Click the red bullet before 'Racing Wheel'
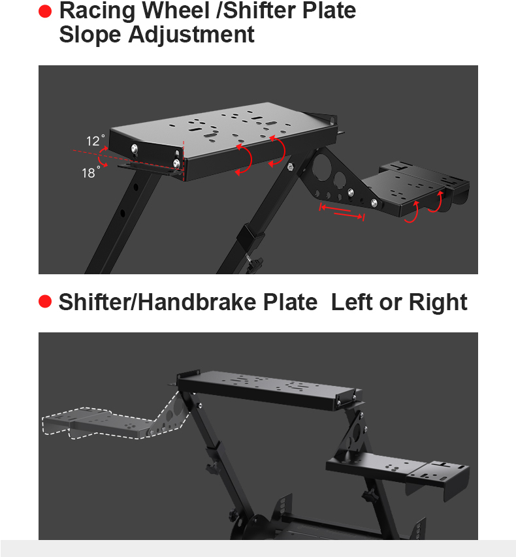[45, 12]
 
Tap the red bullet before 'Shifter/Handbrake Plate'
[45, 302]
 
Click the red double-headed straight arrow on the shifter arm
[341, 212]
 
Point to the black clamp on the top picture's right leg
[248, 234]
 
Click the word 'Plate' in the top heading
[325, 11]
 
